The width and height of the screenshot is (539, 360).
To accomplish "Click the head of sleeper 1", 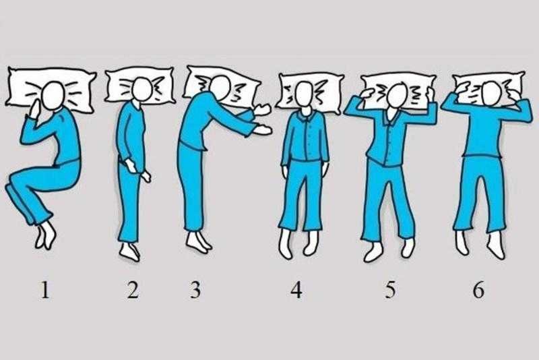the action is [x=53, y=95].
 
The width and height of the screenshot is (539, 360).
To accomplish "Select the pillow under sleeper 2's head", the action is [x=139, y=85].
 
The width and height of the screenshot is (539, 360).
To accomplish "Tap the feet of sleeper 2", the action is [x=130, y=252].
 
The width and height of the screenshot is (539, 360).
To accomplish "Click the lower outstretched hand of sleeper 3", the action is [x=262, y=130].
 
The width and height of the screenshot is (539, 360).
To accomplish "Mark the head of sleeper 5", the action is [x=396, y=95].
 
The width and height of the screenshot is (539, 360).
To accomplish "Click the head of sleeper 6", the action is [x=490, y=94].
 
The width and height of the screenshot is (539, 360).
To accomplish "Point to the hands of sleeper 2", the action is [x=137, y=171].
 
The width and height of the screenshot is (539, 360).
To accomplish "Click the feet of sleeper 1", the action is [x=45, y=235].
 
